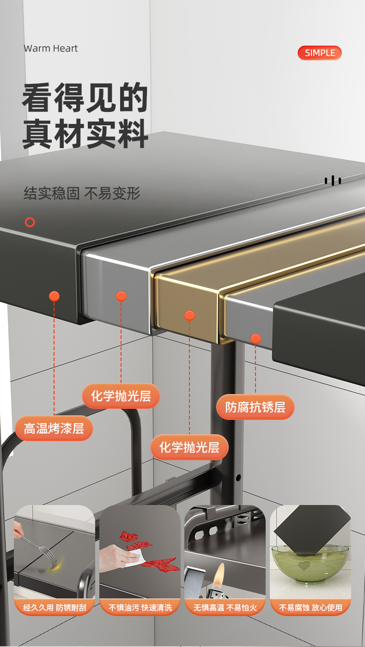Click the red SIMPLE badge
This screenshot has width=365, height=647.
tap(319, 53)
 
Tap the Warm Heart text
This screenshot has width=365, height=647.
tap(51, 49)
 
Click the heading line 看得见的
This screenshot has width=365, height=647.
tap(85, 98)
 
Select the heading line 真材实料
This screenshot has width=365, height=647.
tap(85, 134)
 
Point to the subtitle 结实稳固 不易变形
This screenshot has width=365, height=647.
tap(82, 193)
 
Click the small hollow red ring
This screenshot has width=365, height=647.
tap(30, 222)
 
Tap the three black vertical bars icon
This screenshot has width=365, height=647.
tap(333, 180)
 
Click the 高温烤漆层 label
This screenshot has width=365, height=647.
tap(54, 428)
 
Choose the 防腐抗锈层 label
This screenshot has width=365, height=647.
tap(255, 407)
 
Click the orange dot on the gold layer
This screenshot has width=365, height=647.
tap(189, 316)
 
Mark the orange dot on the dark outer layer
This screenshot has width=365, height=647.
tap(54, 296)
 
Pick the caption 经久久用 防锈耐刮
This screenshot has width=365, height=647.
tap(55, 607)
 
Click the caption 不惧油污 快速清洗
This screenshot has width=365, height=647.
tap(140, 607)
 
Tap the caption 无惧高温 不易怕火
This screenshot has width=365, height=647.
tap(225, 607)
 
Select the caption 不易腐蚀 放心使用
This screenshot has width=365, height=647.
tap(310, 607)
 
